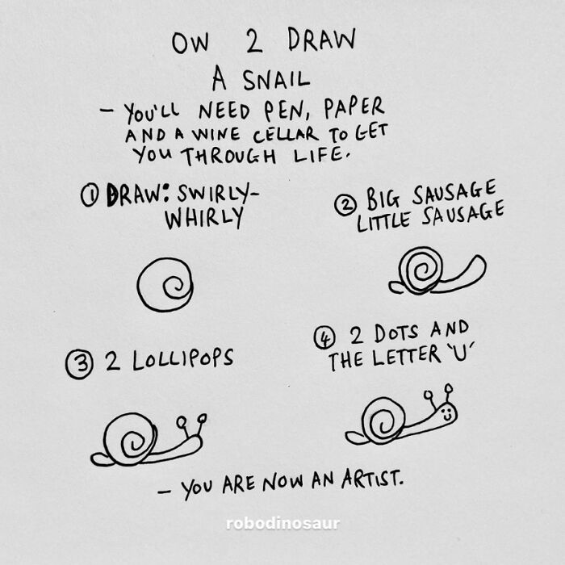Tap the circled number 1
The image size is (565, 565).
click(90, 196)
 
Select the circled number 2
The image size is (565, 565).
click(346, 204)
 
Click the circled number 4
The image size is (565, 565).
click(324, 339)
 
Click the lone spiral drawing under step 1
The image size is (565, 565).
click(165, 284)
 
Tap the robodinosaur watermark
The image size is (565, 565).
click(282, 524)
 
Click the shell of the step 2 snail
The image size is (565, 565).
click(421, 270)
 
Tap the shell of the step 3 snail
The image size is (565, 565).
click(129, 439)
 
